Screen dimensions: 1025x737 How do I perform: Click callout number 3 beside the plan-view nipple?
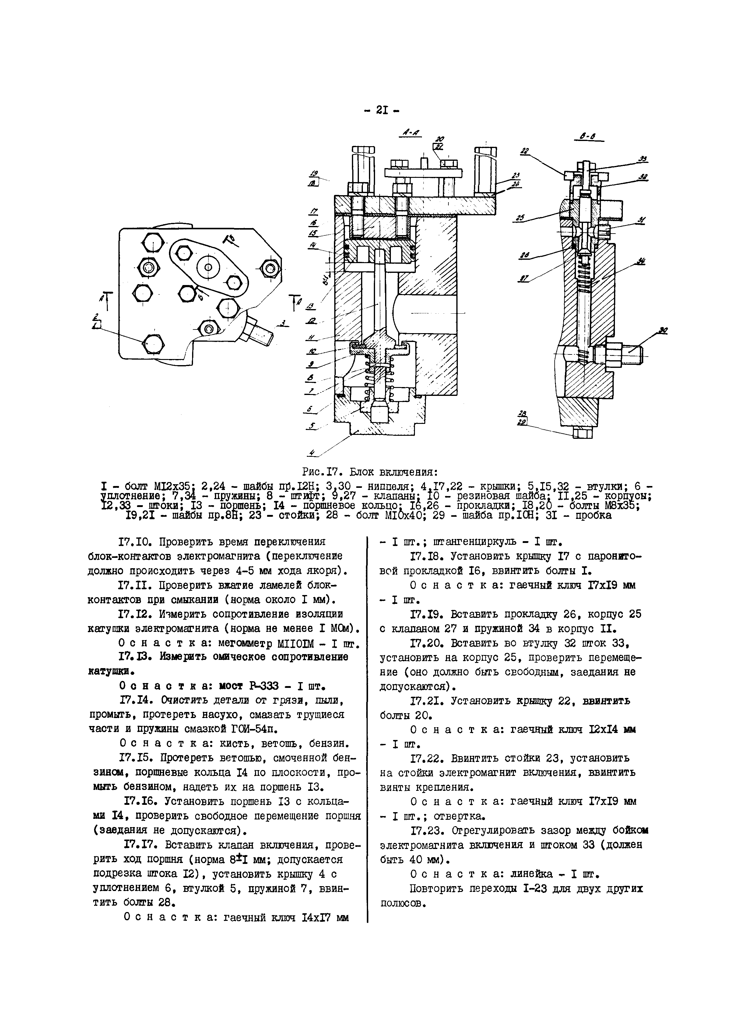[x=283, y=323]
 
